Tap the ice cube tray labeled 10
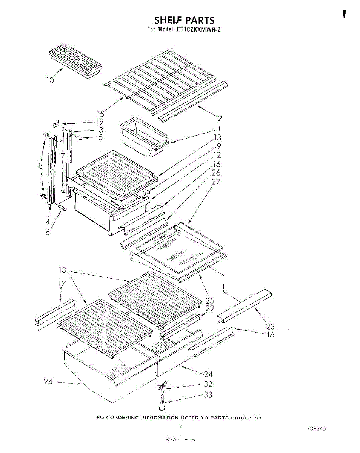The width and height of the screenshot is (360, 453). point(76,62)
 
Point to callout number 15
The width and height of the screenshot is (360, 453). point(100,113)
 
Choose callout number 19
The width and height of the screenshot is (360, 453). point(100,122)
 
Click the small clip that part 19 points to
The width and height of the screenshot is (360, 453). point(56,124)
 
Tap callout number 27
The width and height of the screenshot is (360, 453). point(216,182)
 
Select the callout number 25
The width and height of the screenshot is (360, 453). point(210,300)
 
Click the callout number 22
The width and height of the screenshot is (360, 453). point(210,308)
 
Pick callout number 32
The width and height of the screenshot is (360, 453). point(208,384)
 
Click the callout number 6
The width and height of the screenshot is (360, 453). point(48,233)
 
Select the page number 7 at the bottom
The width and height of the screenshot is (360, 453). point(181,427)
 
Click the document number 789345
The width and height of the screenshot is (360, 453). point(316,429)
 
